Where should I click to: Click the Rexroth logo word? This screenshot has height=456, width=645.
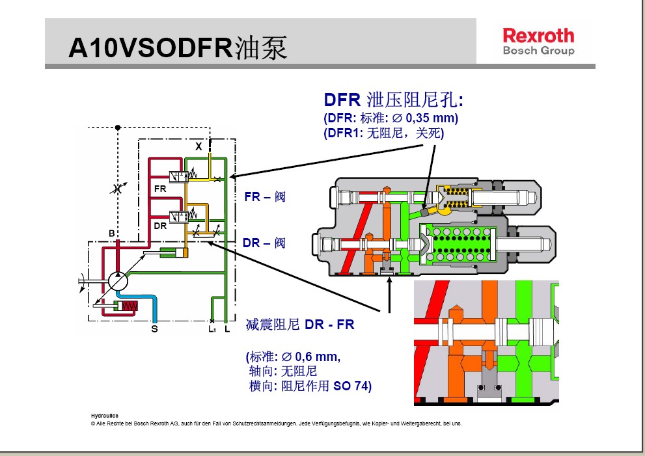click(538, 35)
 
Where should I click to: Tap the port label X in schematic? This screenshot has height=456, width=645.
click(199, 146)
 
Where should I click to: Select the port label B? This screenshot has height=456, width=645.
click(112, 233)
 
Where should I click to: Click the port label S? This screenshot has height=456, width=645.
click(154, 329)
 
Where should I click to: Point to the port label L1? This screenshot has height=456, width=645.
click(212, 329)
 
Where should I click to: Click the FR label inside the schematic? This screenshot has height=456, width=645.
click(160, 189)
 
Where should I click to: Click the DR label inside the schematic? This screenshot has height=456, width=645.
click(159, 226)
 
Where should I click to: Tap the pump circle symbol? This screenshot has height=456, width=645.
click(118, 282)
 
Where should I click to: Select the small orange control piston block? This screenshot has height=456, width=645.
click(186, 252)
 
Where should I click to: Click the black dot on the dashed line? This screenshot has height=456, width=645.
click(117, 127)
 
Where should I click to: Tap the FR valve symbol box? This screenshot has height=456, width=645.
click(178, 176)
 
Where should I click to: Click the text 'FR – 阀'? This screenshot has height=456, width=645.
click(264, 196)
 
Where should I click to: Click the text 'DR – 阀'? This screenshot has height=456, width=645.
click(264, 243)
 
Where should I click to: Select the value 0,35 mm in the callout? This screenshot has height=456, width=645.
click(430, 118)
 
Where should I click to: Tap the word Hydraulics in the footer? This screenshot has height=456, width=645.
click(104, 414)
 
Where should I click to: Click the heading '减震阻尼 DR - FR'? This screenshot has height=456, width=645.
click(300, 324)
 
